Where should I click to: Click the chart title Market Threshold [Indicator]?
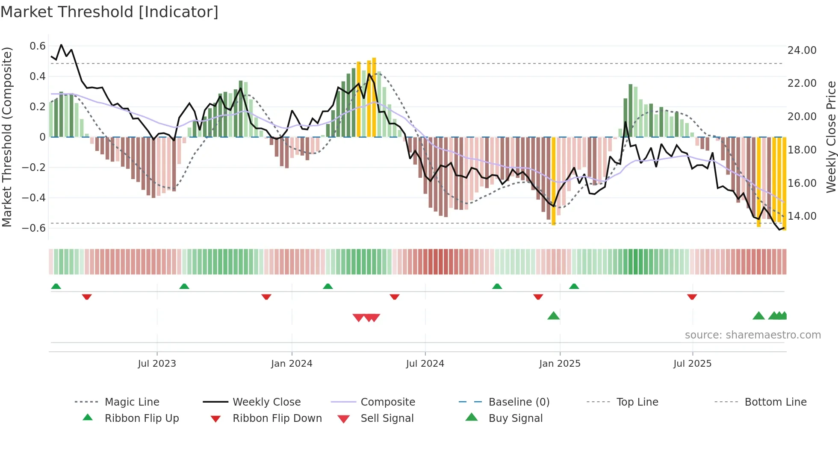coord(109,12)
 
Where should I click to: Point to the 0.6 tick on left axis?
coord(38,46)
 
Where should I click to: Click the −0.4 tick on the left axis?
coord(34,198)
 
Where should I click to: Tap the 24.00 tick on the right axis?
coord(802,50)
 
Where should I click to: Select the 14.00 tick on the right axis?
coord(802,216)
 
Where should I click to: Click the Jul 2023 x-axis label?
coord(157,364)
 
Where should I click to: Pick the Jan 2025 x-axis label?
coord(560,364)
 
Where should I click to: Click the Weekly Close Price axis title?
coord(831,137)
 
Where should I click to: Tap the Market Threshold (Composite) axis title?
coord(7,137)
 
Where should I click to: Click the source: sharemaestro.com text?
coord(752,335)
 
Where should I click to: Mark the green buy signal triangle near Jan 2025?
coord(553,316)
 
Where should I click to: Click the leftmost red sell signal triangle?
coord(358,318)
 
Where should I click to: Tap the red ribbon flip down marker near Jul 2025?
coord(692,297)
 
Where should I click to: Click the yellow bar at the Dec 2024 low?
coord(553,181)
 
